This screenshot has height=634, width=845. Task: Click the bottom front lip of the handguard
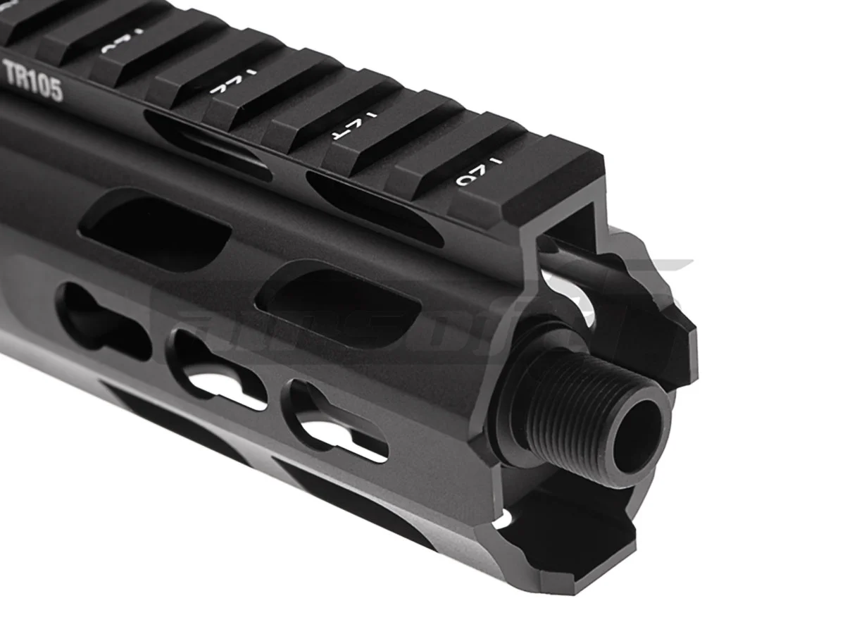coord(563,557)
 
